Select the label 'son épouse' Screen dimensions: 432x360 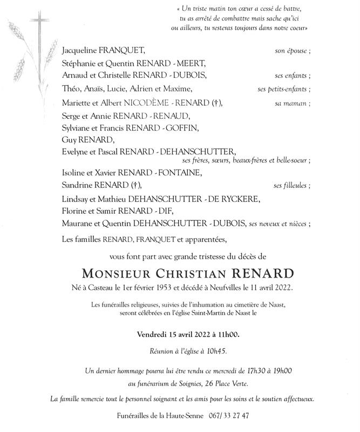tap(291, 51)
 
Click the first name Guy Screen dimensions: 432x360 tap(70, 139)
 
